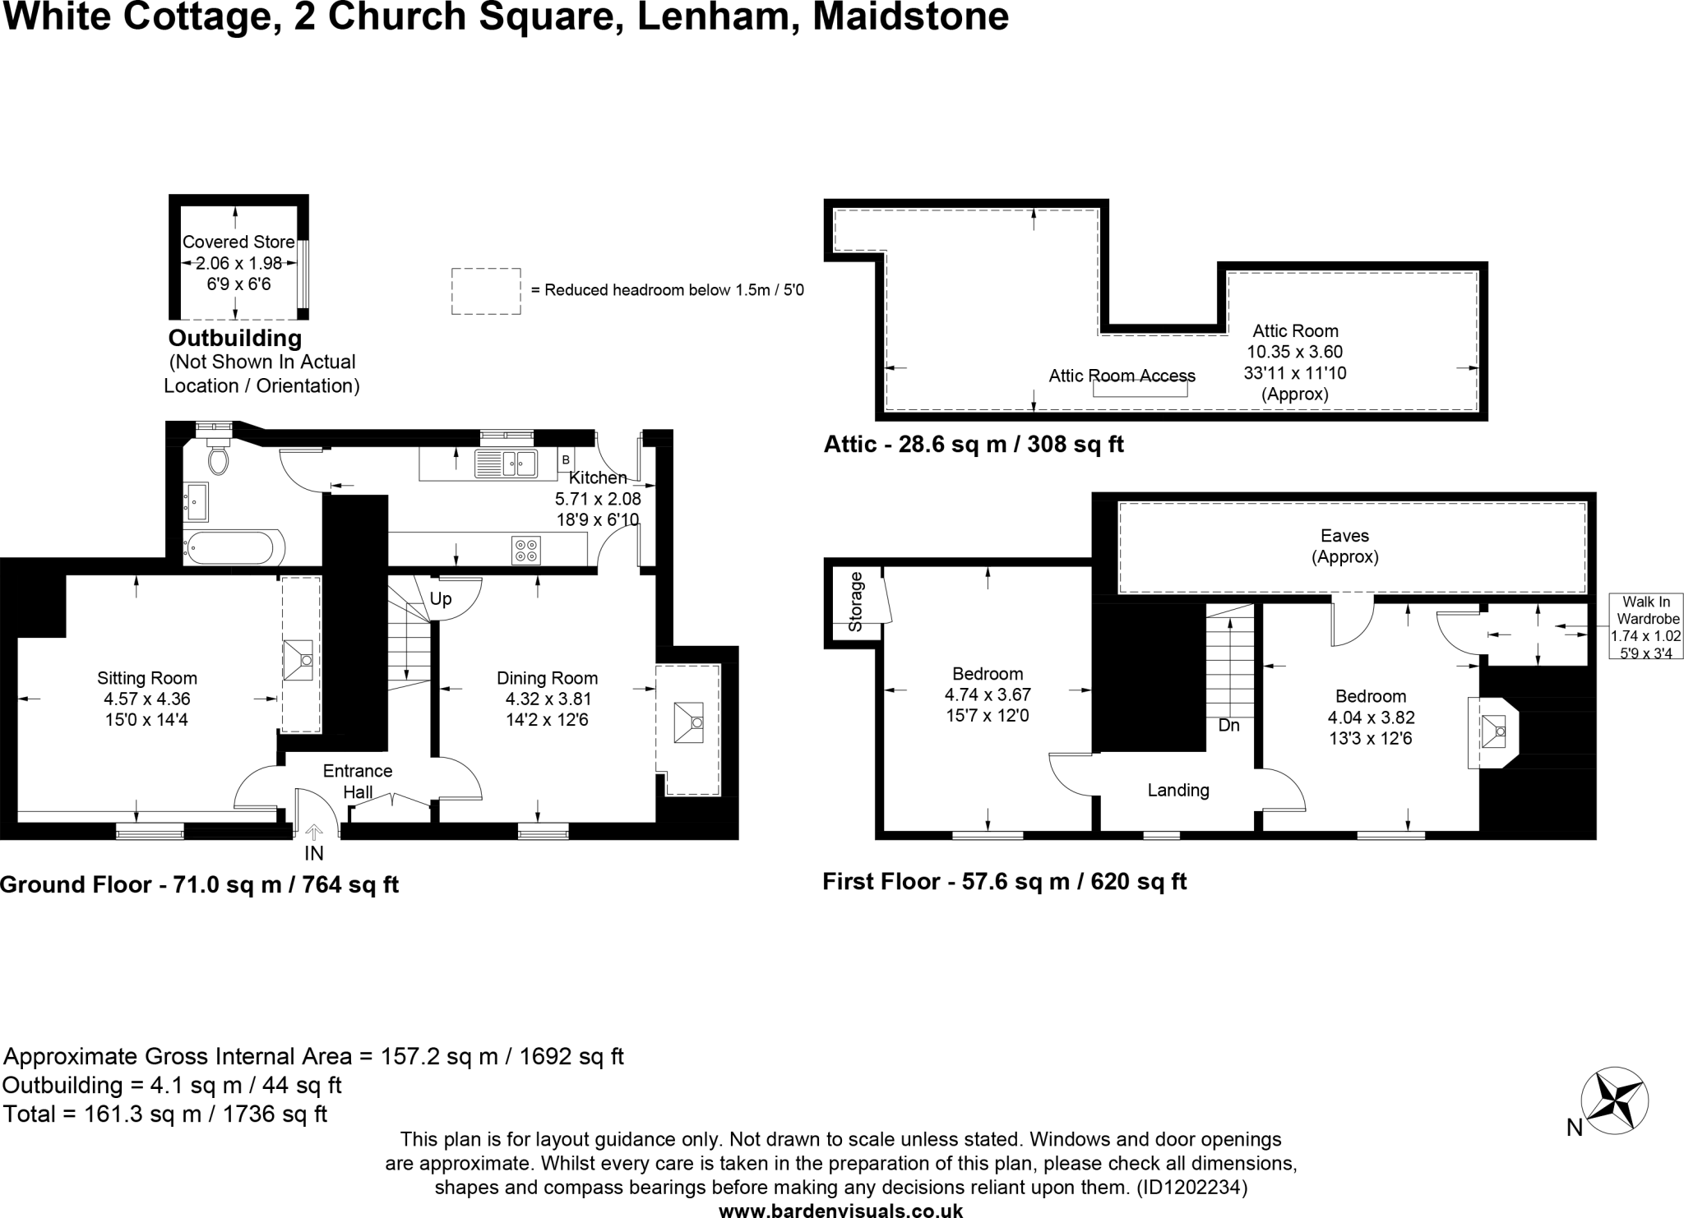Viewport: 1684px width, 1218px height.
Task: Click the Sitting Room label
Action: [x=146, y=679]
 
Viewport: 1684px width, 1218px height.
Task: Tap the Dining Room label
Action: [x=547, y=679]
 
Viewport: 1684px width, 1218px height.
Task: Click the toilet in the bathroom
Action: [x=218, y=458]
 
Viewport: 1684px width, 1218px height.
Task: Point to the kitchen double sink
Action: [x=506, y=464]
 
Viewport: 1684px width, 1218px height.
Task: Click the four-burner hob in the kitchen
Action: [x=526, y=550]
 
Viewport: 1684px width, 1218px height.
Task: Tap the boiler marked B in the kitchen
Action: [x=566, y=459]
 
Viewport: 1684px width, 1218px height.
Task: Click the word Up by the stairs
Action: [x=441, y=598]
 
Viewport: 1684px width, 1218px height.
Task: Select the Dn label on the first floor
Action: [x=1228, y=726]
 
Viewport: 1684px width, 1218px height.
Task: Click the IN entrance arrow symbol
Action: [x=314, y=833]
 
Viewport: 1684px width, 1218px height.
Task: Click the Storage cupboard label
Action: [x=855, y=602]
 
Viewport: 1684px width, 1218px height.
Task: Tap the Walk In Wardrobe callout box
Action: [x=1645, y=627]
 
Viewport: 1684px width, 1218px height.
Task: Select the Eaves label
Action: [x=1344, y=536]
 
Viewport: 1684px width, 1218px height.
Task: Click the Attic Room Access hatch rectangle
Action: [x=1140, y=390]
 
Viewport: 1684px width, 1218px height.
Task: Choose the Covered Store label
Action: [x=238, y=242]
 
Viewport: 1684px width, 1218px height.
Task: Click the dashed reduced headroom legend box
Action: [x=486, y=291]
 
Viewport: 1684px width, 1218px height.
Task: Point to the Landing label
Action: [x=1178, y=791]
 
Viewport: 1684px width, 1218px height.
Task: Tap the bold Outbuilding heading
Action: [x=235, y=338]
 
